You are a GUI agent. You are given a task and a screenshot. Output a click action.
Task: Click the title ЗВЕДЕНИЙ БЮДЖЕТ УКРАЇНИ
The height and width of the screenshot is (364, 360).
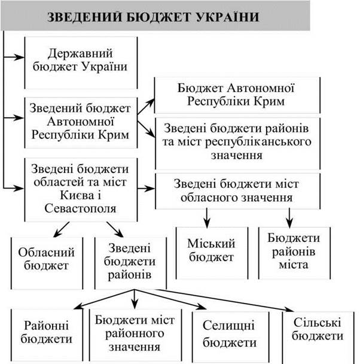click(153, 17)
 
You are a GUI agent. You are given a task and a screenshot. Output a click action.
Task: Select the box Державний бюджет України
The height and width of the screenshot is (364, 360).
click(81, 63)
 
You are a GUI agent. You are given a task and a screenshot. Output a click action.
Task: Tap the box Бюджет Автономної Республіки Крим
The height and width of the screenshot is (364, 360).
click(237, 95)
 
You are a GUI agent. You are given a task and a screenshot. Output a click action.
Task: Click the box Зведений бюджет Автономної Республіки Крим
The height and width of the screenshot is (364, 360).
click(81, 123)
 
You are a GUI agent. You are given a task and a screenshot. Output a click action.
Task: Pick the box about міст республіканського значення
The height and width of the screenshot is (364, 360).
click(237, 144)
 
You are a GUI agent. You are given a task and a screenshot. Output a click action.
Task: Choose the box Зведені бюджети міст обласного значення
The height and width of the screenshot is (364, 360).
click(237, 191)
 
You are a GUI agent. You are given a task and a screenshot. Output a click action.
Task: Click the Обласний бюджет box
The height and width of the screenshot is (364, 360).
click(47, 263)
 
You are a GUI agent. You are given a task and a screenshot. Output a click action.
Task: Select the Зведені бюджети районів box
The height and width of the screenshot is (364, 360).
click(130, 263)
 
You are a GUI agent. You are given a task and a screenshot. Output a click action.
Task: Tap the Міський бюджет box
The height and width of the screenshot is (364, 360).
click(212, 253)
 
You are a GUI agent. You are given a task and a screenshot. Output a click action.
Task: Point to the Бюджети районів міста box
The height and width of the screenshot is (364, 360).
click(294, 253)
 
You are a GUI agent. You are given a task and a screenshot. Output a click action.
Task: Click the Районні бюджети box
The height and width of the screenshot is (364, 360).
click(47, 335)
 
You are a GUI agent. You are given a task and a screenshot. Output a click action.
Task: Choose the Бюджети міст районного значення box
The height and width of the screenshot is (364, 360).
click(136, 335)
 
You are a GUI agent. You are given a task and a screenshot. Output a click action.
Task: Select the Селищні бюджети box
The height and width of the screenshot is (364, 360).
click(231, 336)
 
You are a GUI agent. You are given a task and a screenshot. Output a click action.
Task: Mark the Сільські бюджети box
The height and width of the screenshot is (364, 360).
click(318, 337)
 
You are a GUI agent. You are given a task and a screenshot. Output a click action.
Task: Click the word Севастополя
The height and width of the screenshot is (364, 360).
click(80, 208)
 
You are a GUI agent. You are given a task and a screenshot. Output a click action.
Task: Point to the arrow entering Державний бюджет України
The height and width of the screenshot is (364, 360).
click(13, 57)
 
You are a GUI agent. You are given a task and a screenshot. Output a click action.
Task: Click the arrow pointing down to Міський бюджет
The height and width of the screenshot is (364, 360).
click(207, 218)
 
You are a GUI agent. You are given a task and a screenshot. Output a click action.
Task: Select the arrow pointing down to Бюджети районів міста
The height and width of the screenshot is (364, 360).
click(289, 218)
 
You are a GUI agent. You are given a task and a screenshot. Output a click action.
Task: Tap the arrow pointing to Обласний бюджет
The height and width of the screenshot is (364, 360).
click(62, 229)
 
